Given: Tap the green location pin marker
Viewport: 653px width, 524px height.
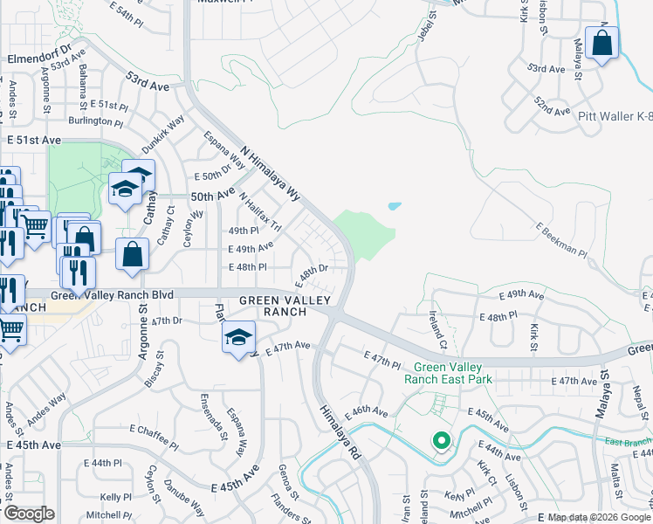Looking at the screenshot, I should (442, 443).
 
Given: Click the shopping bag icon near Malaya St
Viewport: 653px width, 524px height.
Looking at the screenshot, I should (602, 44).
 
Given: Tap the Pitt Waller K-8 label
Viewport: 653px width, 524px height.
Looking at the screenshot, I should (615, 115).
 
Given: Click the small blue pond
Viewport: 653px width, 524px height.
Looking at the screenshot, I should (395, 207).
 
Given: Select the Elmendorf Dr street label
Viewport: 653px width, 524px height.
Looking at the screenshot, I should (37, 59).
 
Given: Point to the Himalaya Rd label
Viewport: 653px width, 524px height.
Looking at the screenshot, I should (339, 432).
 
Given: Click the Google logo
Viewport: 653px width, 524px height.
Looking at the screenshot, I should (28, 514).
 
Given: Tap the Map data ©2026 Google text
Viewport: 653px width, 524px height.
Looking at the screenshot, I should (598, 517).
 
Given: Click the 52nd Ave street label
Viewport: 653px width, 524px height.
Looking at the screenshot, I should (552, 107).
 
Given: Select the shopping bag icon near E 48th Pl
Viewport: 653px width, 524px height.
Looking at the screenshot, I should (132, 256).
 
